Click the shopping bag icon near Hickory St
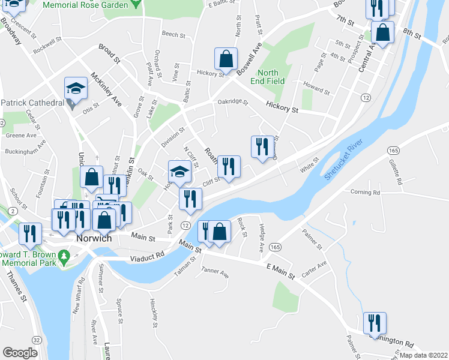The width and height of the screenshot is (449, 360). click(226, 60)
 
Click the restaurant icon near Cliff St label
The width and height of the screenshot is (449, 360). click(229, 166)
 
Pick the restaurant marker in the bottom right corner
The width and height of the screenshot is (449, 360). click(375, 323)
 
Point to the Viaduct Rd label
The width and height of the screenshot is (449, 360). click(148, 256)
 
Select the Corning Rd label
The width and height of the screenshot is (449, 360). click(365, 193)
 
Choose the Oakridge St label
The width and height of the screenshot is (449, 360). click(233, 102)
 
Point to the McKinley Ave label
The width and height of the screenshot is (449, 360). click(106, 90)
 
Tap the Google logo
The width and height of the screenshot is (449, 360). click(20, 353)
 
